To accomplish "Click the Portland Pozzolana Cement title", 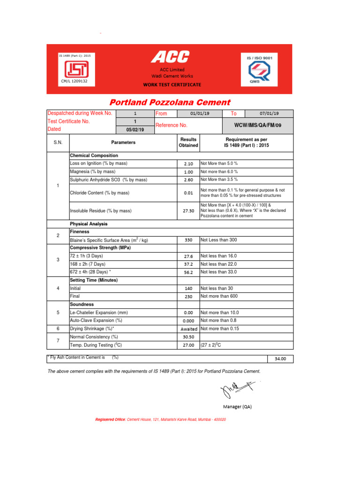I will (x=170, y=102).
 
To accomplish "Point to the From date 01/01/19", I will (x=200, y=113).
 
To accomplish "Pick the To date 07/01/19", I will (x=269, y=113).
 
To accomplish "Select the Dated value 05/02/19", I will (x=135, y=130).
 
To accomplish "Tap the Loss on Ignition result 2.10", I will (x=188, y=164).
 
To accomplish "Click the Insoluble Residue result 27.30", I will (x=188, y=211).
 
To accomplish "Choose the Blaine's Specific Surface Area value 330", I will (x=188, y=240).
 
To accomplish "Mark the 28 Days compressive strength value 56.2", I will (x=188, y=272).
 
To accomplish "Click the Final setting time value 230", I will (x=188, y=297).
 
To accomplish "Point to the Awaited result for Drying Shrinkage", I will (x=188, y=329).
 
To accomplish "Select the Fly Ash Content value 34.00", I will (x=280, y=359).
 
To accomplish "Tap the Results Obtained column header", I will (x=188, y=142).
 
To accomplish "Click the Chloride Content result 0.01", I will (x=188, y=193).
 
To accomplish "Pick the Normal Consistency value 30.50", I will (x=188, y=337).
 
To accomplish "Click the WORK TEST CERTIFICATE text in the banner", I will (x=172, y=85).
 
